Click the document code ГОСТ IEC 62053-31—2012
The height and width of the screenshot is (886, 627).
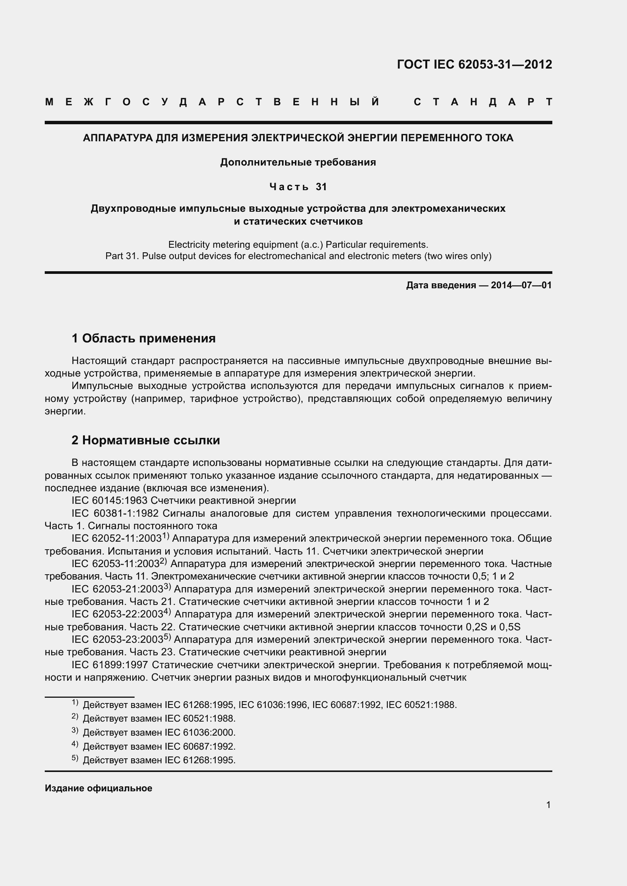point(474,64)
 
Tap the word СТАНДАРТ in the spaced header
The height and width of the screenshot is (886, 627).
point(483,102)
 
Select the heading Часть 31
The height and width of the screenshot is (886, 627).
point(298,187)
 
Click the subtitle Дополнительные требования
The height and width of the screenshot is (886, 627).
point(298,162)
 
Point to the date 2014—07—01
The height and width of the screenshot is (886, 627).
point(521,285)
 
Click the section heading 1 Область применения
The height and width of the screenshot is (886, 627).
point(144,338)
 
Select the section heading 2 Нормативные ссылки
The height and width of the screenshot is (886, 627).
point(146,440)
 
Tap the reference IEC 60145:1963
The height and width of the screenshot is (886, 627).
point(110,501)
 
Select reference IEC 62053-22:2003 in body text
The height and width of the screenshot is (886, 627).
point(118,614)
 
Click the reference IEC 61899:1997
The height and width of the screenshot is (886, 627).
point(110,665)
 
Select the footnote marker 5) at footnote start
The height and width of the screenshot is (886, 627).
point(75,759)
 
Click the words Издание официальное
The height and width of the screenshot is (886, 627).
point(99,788)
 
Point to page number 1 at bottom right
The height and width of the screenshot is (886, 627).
point(548,805)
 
